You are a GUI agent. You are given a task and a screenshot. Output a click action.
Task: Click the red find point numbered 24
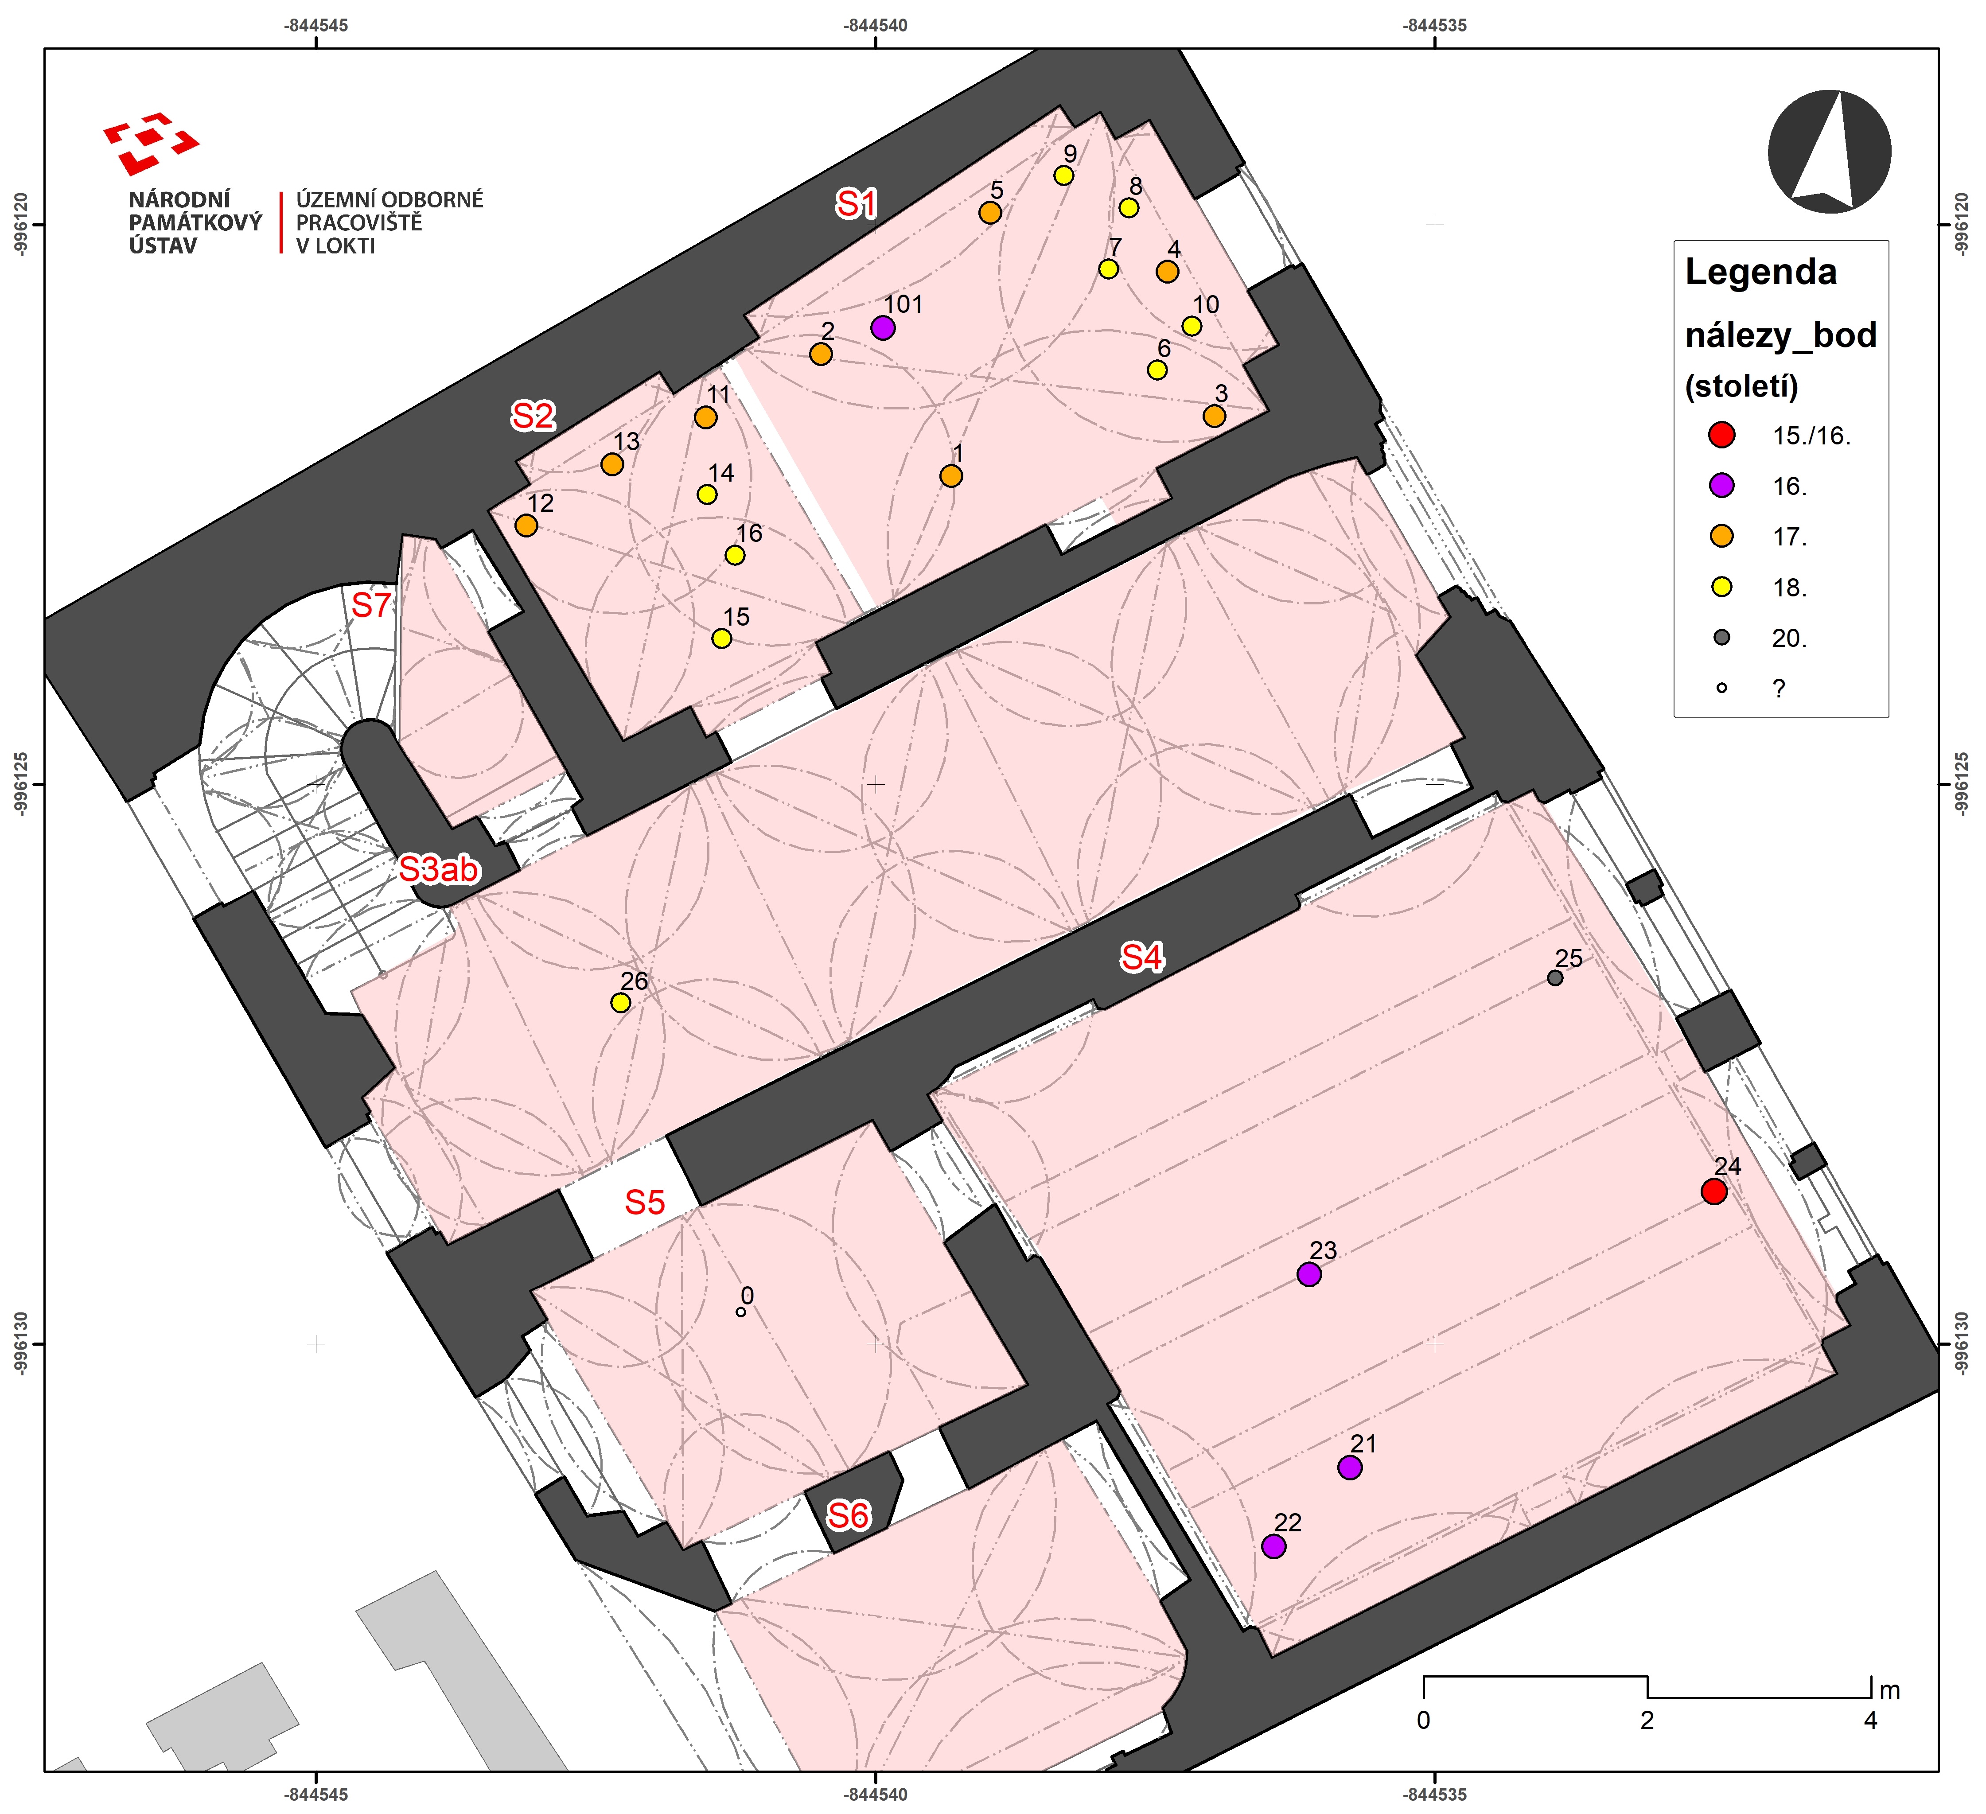click(x=1714, y=1191)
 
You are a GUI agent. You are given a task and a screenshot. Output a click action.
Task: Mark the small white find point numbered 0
click(x=741, y=1312)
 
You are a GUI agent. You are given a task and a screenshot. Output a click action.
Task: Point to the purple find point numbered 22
click(x=1273, y=1546)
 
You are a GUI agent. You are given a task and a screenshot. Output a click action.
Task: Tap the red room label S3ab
click(x=440, y=869)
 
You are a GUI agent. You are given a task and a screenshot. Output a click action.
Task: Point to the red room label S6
click(x=848, y=1515)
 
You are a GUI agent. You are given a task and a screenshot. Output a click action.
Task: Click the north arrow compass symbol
click(x=1830, y=151)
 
